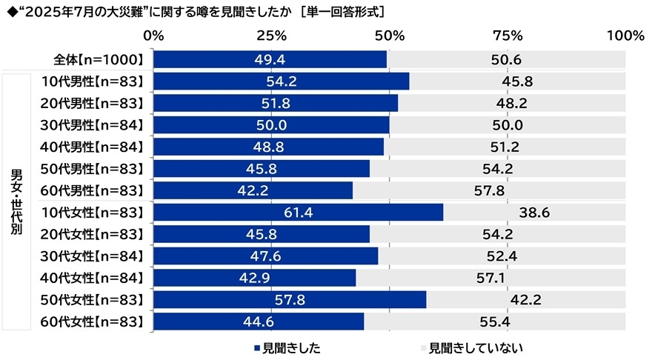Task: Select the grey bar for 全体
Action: [506, 59]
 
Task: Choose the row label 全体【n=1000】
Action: [96, 59]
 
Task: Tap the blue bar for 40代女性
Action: [255, 278]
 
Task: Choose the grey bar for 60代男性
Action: [489, 190]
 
